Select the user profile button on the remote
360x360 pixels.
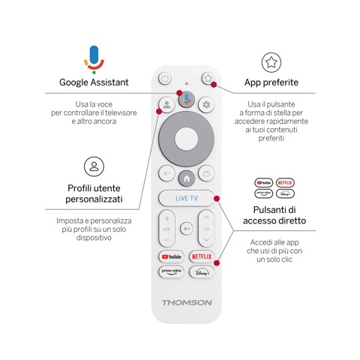[x=166, y=105]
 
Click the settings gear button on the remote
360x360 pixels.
[x=206, y=105]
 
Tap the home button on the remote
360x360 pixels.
[x=186, y=175]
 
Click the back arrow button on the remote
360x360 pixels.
[x=166, y=174]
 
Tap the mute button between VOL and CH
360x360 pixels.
[x=186, y=229]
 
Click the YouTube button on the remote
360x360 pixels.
[x=171, y=256]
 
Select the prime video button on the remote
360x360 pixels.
[x=171, y=272]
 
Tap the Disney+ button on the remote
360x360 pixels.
[x=201, y=272]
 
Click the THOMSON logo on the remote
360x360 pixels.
[x=186, y=302]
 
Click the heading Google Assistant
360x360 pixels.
[x=94, y=82]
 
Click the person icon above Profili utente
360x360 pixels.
[x=93, y=166]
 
